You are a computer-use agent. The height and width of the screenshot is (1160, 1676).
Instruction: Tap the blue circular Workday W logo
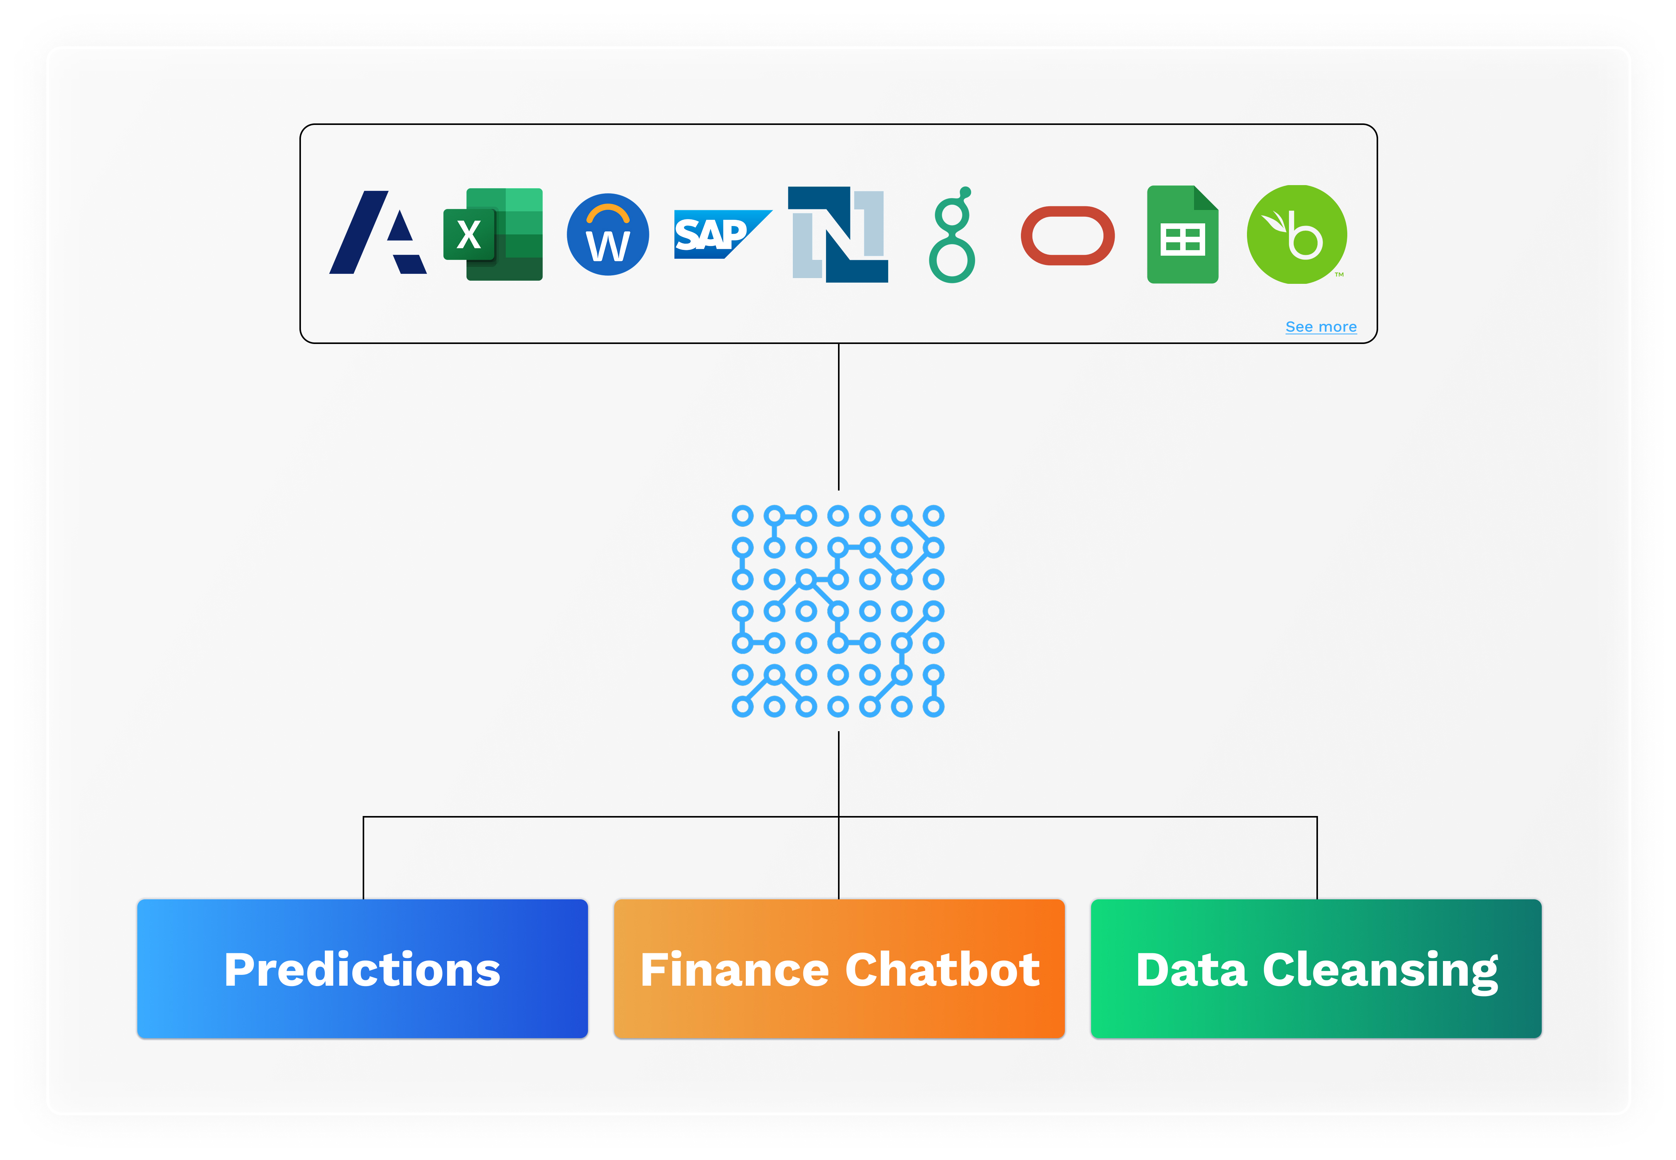coord(608,234)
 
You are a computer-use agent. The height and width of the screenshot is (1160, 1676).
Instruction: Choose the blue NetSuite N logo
coord(838,234)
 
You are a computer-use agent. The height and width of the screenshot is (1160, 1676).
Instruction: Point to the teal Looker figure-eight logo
coord(952,236)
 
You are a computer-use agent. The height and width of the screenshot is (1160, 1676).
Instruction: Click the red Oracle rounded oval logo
coord(1068,236)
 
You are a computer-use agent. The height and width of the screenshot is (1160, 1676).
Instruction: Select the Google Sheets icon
coord(1182,234)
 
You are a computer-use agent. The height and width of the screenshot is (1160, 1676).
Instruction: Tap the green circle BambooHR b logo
coord(1297,234)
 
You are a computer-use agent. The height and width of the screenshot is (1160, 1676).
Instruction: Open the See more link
coord(1320,327)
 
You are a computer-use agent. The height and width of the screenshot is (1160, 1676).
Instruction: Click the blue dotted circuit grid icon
coord(838,610)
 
